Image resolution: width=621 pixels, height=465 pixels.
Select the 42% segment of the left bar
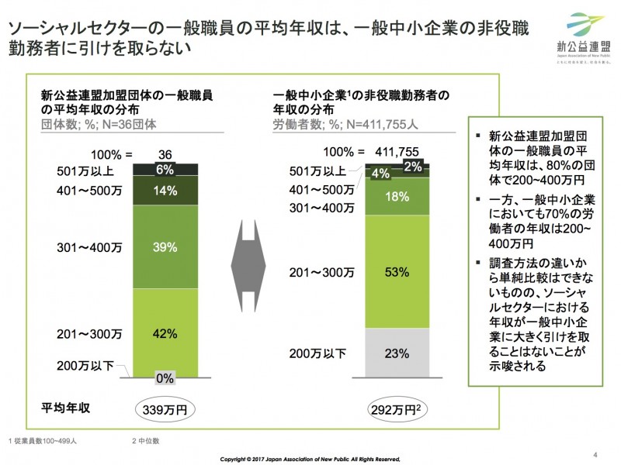165,334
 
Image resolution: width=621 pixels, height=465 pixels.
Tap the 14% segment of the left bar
165,191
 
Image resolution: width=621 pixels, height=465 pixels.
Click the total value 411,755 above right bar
397,151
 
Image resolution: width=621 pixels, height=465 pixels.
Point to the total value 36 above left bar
165,154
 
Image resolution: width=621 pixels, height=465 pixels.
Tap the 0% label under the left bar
165,378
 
